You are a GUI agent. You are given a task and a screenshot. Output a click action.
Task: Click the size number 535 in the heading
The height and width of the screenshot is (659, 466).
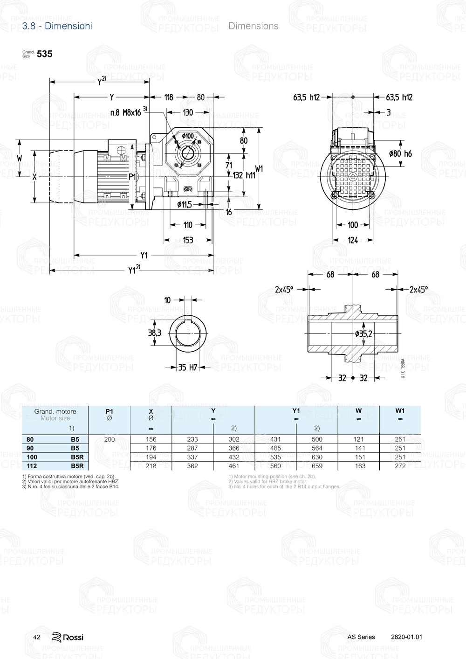tap(44, 54)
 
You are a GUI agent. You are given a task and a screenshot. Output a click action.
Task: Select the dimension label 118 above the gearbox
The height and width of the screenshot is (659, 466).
tap(168, 97)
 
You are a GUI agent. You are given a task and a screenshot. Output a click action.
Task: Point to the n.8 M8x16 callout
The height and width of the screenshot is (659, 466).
tap(126, 112)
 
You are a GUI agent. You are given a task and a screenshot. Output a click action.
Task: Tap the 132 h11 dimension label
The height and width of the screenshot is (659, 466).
tap(244, 175)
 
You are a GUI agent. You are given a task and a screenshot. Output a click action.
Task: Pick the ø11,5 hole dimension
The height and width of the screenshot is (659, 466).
tap(185, 204)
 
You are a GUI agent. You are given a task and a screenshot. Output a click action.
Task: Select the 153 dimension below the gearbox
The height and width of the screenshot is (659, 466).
tap(188, 240)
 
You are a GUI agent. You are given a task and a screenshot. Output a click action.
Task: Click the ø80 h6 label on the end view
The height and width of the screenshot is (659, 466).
tap(400, 153)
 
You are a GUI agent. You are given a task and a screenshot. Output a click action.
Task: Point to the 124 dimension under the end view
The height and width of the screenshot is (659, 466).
tap(353, 240)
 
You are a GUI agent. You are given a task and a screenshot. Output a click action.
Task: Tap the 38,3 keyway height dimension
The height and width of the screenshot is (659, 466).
tap(155, 333)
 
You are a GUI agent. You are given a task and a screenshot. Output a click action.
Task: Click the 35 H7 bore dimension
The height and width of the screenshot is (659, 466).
tap(188, 368)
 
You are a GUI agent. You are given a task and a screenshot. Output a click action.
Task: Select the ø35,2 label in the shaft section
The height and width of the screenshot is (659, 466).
tap(363, 333)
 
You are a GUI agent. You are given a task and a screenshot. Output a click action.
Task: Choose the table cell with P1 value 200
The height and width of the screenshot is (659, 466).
tap(110, 439)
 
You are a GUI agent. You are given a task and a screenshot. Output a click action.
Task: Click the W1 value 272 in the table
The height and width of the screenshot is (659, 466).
tap(400, 466)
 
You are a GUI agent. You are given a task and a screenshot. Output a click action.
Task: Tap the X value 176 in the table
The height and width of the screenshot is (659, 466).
tap(151, 448)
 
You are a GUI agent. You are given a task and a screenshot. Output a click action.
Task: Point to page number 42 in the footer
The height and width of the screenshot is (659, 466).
tap(37, 637)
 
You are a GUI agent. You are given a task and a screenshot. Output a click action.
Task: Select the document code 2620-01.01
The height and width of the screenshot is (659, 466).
tap(406, 637)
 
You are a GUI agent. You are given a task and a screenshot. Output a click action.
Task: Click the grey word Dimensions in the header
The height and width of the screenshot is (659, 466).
tap(253, 26)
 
